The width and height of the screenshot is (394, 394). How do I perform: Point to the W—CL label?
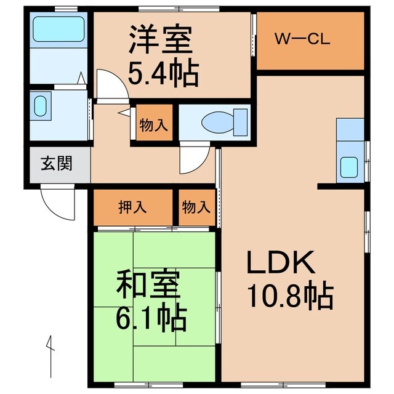tap(302, 41)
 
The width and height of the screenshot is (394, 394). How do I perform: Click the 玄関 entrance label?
tap(57, 164)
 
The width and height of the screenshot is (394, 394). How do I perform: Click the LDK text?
tap(281, 263)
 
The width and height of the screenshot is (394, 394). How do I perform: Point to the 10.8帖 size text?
tap(289, 297)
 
